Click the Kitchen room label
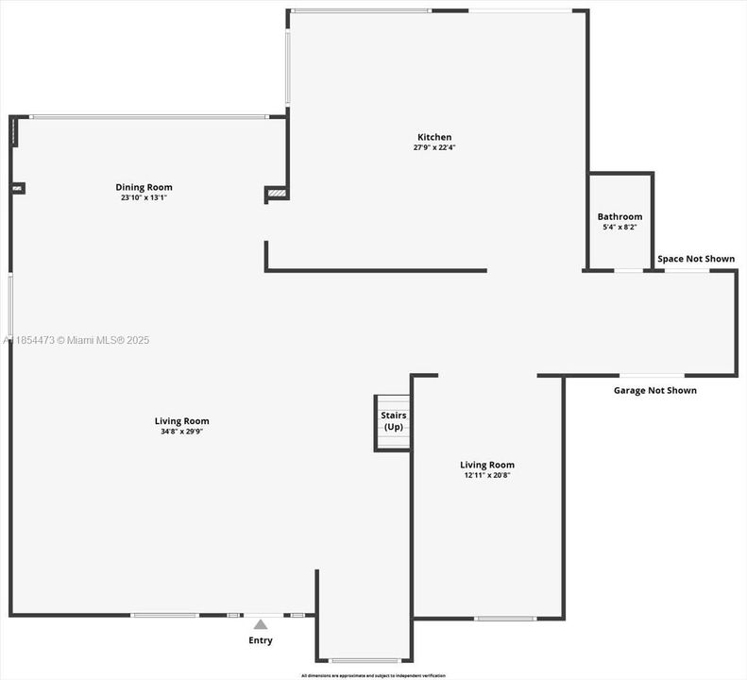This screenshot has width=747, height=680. point(434,137)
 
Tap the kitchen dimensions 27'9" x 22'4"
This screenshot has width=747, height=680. point(434,147)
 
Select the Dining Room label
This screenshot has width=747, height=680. point(144,187)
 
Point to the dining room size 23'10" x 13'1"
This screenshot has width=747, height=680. point(144,197)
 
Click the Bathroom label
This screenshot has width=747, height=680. point(620,216)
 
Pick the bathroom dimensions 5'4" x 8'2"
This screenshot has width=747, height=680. point(620,227)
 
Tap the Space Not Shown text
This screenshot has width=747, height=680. point(696,259)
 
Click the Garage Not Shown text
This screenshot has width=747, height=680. point(655,390)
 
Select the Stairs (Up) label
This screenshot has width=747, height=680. point(392,420)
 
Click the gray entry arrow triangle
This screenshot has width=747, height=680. point(261,623)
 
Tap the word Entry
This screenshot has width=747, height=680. point(261,640)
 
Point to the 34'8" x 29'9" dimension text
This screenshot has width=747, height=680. point(181,432)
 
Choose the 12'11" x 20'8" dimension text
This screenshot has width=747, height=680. point(487,475)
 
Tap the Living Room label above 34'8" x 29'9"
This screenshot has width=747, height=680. point(181,421)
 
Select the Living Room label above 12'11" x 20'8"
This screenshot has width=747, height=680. point(487,465)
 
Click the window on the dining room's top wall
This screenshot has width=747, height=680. point(148,117)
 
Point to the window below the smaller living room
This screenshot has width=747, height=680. point(505,619)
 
